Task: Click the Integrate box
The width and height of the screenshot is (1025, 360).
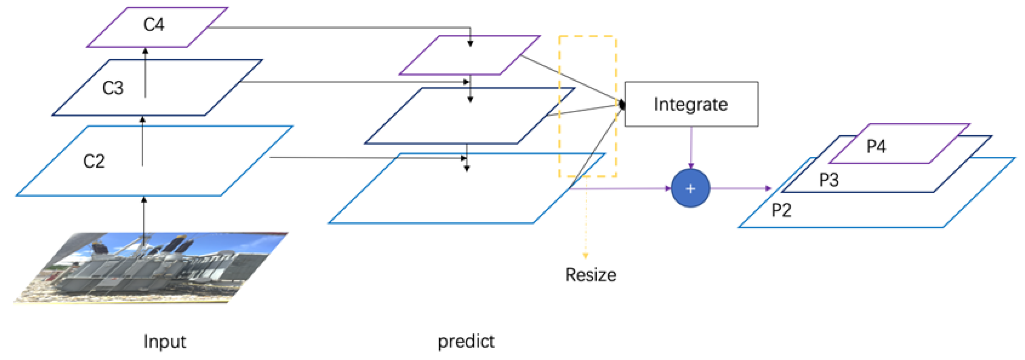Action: (x=691, y=104)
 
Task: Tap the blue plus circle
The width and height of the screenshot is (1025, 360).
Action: (x=690, y=188)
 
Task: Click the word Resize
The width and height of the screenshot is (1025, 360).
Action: (x=590, y=275)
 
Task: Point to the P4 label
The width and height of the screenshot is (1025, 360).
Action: (x=876, y=146)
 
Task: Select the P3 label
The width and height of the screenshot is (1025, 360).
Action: (x=829, y=180)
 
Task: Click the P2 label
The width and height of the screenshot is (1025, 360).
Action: (x=781, y=210)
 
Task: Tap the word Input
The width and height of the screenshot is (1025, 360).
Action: (x=164, y=341)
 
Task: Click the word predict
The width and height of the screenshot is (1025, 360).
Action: (x=466, y=341)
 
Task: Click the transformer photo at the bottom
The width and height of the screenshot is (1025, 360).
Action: (x=151, y=268)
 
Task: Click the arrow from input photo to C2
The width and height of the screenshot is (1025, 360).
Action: (x=144, y=217)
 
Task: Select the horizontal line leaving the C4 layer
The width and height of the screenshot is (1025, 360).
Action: (x=338, y=27)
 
